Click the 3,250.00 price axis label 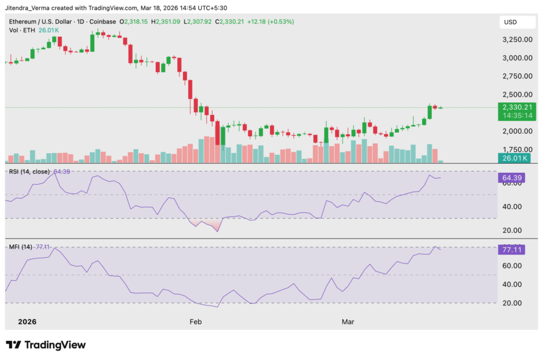(516, 40)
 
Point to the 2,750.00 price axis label (516, 76)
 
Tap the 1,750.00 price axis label (516, 150)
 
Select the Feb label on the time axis (196, 322)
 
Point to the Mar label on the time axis (348, 322)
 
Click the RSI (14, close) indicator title (30, 172)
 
